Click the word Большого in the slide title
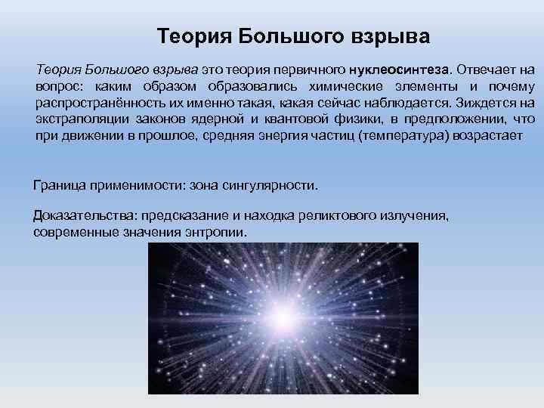[286, 36]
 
